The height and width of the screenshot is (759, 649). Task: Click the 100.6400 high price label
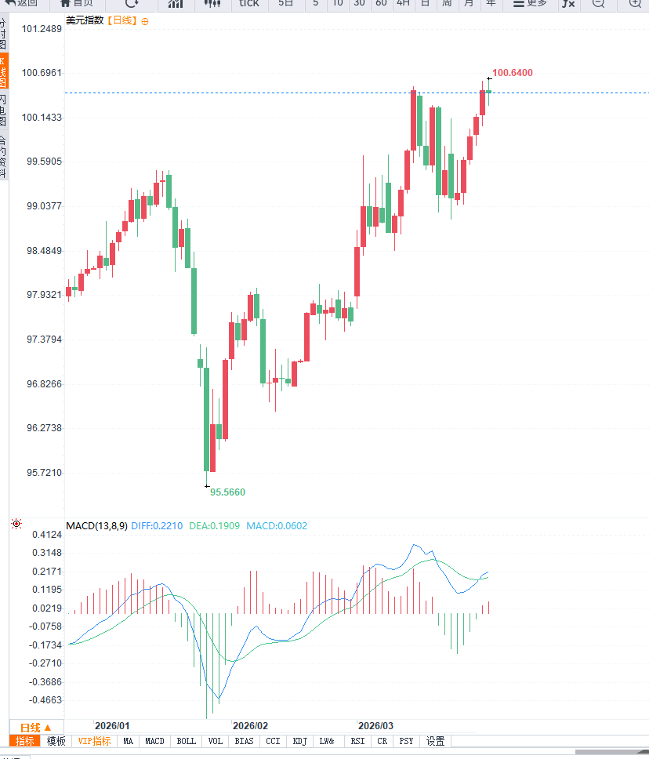tap(512, 73)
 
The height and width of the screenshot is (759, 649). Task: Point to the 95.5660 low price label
tap(227, 492)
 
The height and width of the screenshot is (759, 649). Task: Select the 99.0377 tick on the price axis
tap(44, 206)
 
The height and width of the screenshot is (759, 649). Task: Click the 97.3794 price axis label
tap(44, 340)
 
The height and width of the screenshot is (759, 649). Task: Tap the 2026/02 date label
tap(251, 725)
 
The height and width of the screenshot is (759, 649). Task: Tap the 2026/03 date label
tap(375, 725)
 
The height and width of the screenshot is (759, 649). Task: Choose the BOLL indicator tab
tap(186, 741)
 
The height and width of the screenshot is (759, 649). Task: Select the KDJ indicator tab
tap(299, 741)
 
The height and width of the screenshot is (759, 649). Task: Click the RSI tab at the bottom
tap(357, 741)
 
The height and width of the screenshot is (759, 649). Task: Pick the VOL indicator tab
tap(215, 741)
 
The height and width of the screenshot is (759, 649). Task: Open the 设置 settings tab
tap(435, 741)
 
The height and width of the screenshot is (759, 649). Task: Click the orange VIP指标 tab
tap(94, 741)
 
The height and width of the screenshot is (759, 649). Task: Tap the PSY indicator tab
tap(406, 741)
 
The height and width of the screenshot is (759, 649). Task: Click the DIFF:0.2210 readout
tap(157, 525)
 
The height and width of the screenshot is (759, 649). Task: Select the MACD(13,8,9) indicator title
tap(96, 525)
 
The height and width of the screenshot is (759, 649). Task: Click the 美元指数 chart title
tap(85, 20)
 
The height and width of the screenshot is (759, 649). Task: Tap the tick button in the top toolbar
tap(249, 3)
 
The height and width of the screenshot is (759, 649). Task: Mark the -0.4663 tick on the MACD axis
tap(45, 700)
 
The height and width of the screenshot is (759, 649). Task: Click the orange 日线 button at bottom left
tap(35, 727)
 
